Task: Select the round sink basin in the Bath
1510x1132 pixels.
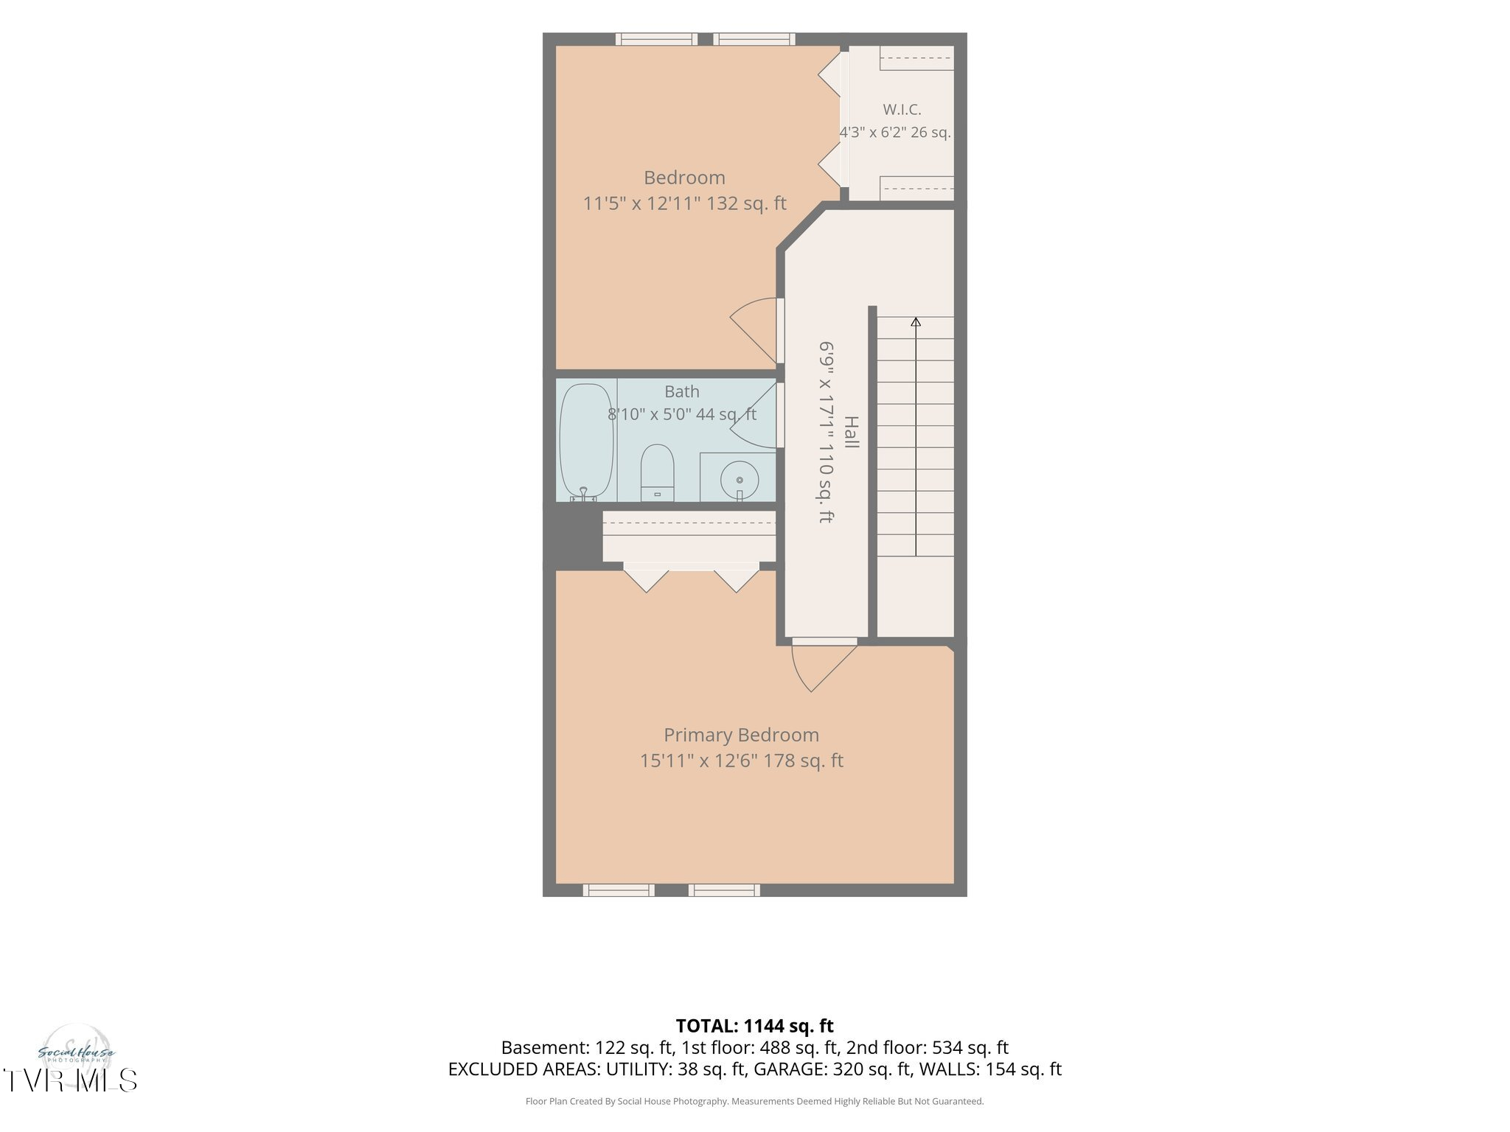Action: coord(739,480)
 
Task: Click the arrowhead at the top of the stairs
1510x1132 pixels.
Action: coord(916,322)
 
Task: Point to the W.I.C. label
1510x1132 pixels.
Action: coord(902,110)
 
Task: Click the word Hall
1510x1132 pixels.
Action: coord(852,433)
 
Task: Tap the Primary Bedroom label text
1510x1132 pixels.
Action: coord(741,735)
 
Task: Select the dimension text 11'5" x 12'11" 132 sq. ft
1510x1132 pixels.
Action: coord(685,203)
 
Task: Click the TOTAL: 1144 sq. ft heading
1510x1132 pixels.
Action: coord(754,1026)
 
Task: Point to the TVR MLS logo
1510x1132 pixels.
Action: coord(70,1080)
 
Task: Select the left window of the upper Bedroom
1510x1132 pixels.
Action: coord(656,39)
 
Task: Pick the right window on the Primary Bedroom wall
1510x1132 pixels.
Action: coord(724,890)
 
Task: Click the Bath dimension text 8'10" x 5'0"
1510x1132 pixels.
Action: coord(650,415)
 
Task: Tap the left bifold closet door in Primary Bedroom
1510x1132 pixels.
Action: coord(646,577)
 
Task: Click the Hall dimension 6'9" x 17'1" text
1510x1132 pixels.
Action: coord(827,399)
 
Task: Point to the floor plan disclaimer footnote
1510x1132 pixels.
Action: coord(754,1102)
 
